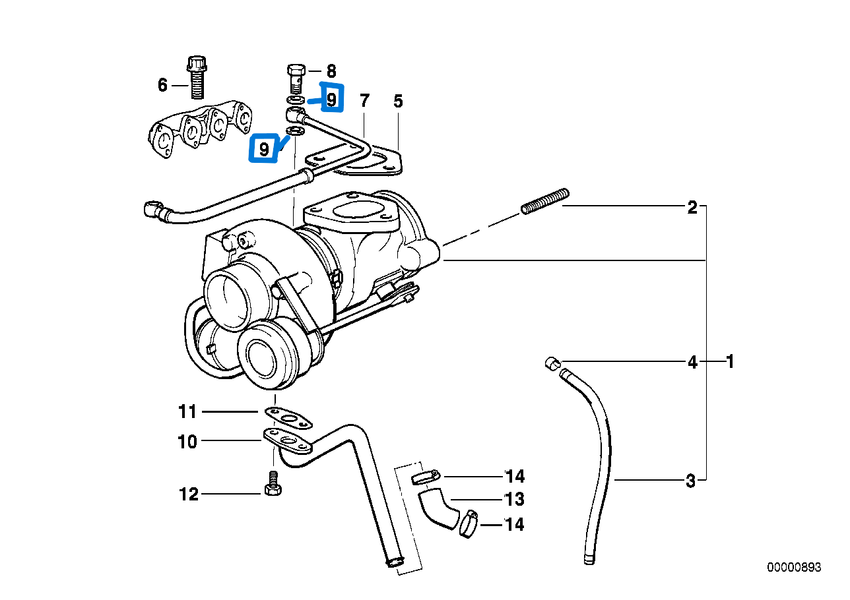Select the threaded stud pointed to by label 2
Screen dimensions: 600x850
tap(544, 201)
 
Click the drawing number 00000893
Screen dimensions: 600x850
tap(794, 567)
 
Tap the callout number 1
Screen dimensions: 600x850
tap(730, 361)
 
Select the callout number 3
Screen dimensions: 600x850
tap(691, 481)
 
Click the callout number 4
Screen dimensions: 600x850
tap(692, 361)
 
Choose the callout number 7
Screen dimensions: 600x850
tap(364, 101)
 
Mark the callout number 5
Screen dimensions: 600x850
tap(398, 101)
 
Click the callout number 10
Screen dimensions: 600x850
tap(188, 441)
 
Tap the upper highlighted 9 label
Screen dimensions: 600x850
tap(331, 99)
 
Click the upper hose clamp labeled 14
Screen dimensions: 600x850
tap(425, 476)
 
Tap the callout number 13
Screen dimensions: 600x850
tap(514, 498)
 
